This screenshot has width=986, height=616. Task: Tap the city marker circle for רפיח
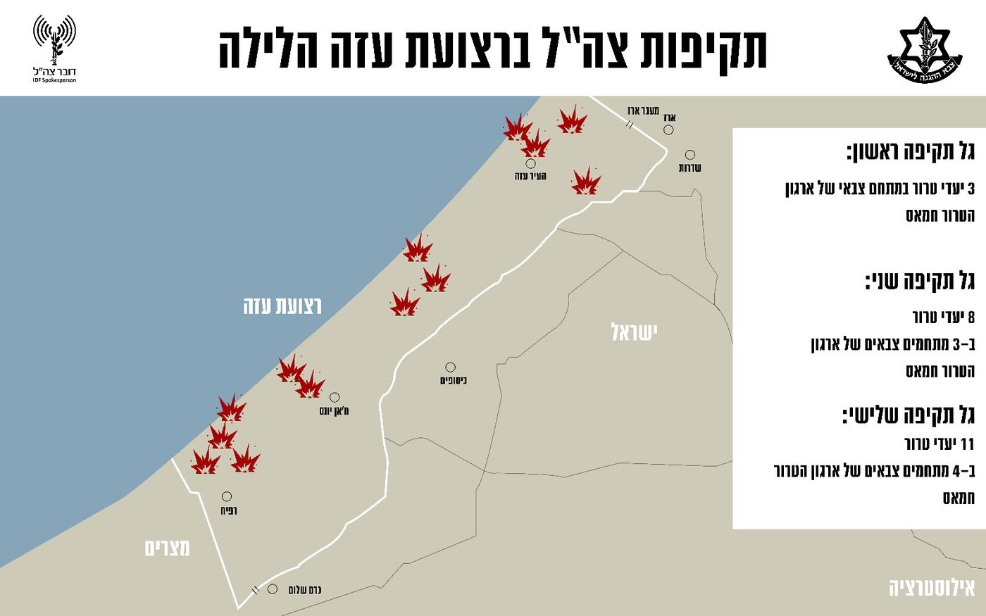pyautogui.click(x=227, y=496)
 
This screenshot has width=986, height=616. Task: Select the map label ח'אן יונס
pyautogui.click(x=334, y=411)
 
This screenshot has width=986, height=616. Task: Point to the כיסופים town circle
pyautogui.click(x=450, y=367)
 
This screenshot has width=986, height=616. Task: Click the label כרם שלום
pyautogui.click(x=305, y=590)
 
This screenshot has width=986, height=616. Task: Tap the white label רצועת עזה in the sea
pyautogui.click(x=282, y=306)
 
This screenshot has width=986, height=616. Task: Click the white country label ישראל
pyautogui.click(x=634, y=332)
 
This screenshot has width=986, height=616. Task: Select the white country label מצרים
pyautogui.click(x=167, y=548)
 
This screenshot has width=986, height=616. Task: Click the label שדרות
pyautogui.click(x=689, y=168)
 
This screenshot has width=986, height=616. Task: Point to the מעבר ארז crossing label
pyautogui.click(x=643, y=111)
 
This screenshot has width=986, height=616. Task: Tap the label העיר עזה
pyautogui.click(x=530, y=176)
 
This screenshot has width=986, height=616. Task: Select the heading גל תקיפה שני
pyautogui.click(x=920, y=282)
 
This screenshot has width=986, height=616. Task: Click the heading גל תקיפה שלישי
pyautogui.click(x=909, y=415)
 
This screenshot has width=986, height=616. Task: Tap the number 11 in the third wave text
pyautogui.click(x=967, y=444)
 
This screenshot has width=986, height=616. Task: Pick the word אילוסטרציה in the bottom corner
pyautogui.click(x=931, y=588)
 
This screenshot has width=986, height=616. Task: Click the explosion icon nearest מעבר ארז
pyautogui.click(x=572, y=120)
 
